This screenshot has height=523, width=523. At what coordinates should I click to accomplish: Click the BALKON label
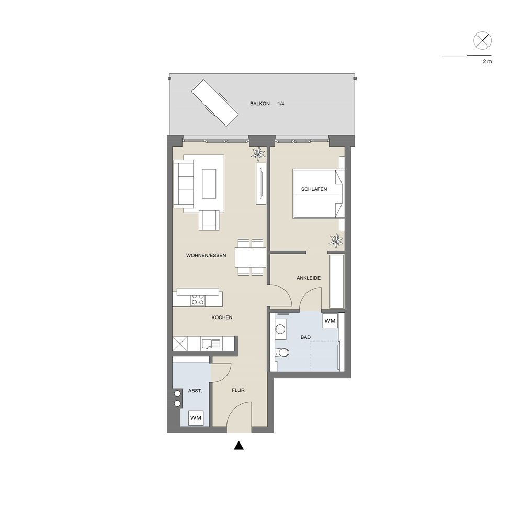pyautogui.click(x=260, y=104)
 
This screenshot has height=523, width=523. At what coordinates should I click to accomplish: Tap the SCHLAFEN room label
pyautogui.click(x=314, y=189)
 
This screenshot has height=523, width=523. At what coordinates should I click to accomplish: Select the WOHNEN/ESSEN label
pyautogui.click(x=206, y=256)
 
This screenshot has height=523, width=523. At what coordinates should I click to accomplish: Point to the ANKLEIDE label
pyautogui.click(x=309, y=278)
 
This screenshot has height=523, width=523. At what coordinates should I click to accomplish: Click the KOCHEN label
pyautogui.click(x=222, y=317)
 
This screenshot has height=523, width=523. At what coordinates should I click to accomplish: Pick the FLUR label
pyautogui.click(x=238, y=390)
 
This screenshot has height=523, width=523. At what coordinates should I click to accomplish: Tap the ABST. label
pyautogui.click(x=195, y=391)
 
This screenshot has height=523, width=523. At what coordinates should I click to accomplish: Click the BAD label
pyautogui.click(x=305, y=337)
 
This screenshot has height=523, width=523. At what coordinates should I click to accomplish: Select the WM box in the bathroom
pyautogui.click(x=330, y=321)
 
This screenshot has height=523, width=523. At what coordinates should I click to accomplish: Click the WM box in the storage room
pyautogui.click(x=196, y=418)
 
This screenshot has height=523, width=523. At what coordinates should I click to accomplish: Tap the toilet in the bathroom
pyautogui.click(x=282, y=352)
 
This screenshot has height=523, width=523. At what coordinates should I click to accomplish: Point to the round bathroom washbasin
pyautogui.click(x=280, y=329)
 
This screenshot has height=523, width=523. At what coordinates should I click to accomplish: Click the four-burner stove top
pyautogui.click(x=198, y=301)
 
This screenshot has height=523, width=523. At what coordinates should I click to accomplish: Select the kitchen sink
pyautogui.click(x=211, y=344)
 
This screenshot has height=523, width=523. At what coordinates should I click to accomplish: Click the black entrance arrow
pyautogui.click(x=238, y=446)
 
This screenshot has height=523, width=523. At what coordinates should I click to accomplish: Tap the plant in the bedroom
pyautogui.click(x=336, y=241)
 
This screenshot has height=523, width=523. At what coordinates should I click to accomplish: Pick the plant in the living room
pyautogui.click(x=258, y=154)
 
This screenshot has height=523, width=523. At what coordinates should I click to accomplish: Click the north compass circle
pyautogui.click(x=482, y=41)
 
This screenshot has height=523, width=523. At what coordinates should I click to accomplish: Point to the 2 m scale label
pyautogui.click(x=487, y=61)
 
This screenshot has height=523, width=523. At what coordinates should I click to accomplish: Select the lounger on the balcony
pyautogui.click(x=215, y=103)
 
